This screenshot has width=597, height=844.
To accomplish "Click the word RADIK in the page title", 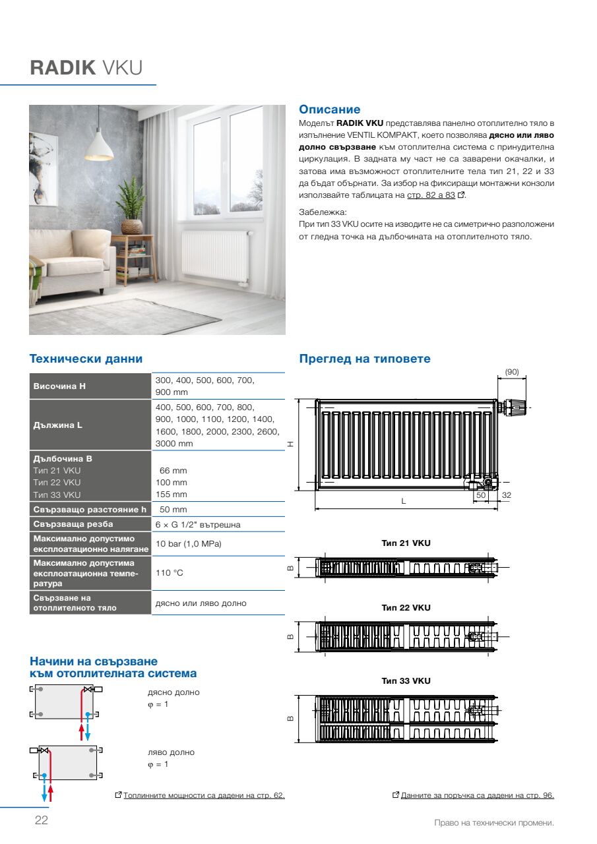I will (63, 68).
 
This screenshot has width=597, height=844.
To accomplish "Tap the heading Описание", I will (330, 109).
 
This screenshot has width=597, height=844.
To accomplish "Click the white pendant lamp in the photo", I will (100, 140).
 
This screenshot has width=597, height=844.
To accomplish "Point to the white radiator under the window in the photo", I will (216, 254).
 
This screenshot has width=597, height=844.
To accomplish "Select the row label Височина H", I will (59, 386).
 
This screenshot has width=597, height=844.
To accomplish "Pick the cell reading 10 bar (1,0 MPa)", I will (188, 544).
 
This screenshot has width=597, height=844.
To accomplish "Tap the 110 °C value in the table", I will (169, 573).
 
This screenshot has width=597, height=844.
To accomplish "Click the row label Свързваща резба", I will (73, 524).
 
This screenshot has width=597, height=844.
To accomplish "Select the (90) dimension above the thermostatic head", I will (512, 372).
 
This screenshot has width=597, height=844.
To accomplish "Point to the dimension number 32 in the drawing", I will (507, 495).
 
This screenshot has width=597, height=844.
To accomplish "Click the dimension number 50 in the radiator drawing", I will (481, 495).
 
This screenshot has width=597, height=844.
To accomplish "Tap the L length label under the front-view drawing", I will (404, 501).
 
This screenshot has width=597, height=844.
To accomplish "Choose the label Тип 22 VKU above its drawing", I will (406, 607).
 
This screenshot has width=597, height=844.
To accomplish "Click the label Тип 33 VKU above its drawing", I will (406, 680).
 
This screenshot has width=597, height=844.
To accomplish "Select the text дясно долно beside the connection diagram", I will (173, 692).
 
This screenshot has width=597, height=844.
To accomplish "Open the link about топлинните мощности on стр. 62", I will (204, 795).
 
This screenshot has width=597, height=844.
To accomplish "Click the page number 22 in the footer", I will (41, 820).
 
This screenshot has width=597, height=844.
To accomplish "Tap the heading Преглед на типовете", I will (365, 359).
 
